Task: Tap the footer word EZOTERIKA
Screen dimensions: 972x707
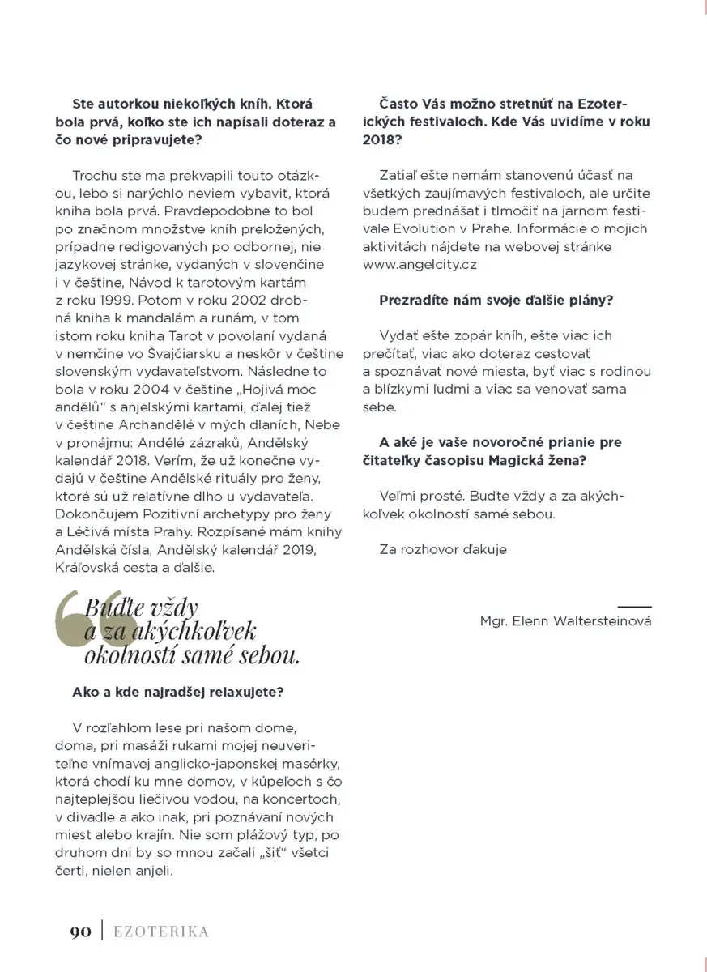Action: (x=160, y=932)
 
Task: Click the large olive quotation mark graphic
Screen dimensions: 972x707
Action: (x=93, y=628)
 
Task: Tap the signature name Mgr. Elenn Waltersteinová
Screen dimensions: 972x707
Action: (x=565, y=621)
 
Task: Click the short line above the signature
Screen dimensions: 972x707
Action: (x=634, y=606)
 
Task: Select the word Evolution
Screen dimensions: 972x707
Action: (x=420, y=228)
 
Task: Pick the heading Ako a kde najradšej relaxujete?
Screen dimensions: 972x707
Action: (x=178, y=693)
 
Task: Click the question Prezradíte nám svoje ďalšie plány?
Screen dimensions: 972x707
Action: (x=496, y=300)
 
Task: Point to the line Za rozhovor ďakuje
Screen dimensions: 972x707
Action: (x=443, y=549)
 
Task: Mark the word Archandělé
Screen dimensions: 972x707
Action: (x=143, y=424)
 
